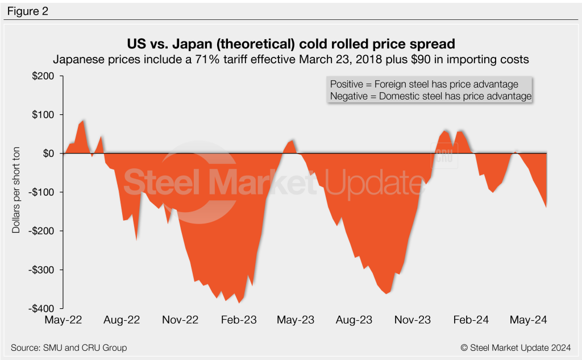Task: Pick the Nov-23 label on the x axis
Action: pos(412,320)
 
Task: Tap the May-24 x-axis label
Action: pos(528,320)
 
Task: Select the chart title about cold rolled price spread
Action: pos(291,44)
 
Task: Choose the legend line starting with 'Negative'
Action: pos(430,96)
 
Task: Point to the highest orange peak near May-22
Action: pos(84,121)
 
